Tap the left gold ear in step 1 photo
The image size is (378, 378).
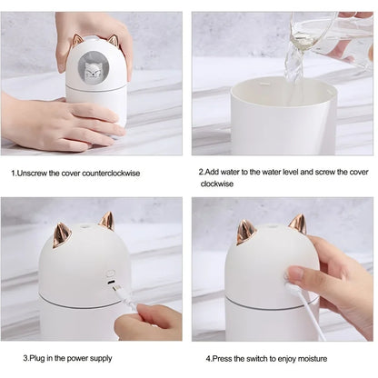coord(77,41)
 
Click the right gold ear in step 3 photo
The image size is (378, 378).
coord(106,222)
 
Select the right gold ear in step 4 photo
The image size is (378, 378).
coord(297,224)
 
